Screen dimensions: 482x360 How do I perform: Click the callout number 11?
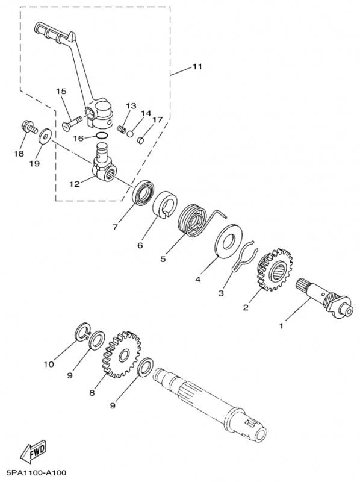197,67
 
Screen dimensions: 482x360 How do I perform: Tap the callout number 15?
61,92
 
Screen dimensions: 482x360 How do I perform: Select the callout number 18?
18,154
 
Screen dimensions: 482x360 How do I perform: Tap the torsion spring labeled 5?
195,222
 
